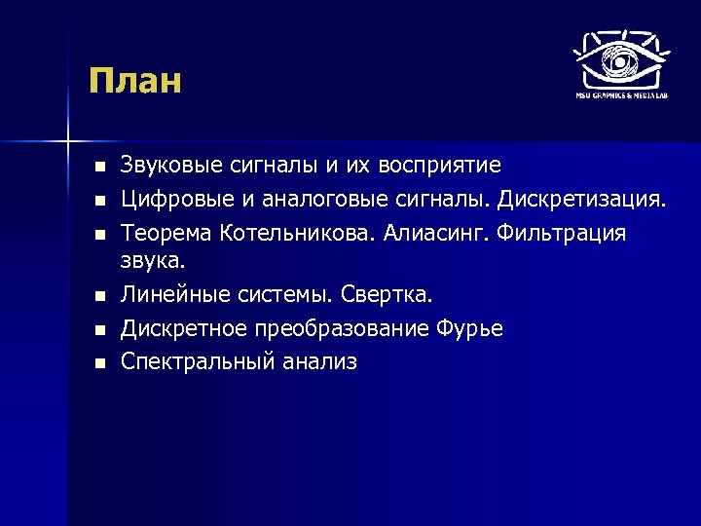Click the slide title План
tap(134, 80)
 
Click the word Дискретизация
tap(582, 201)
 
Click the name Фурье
tap(472, 328)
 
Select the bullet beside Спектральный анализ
tap(97, 363)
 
